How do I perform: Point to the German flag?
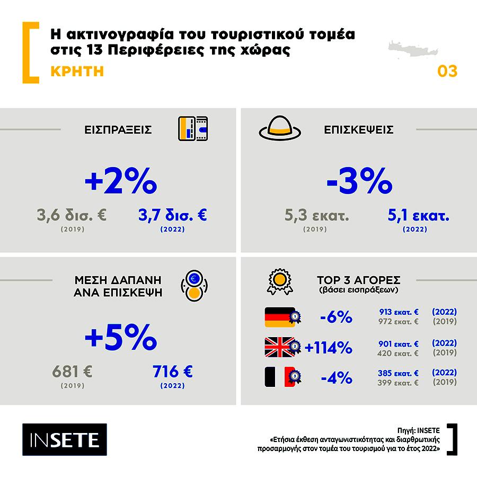pos(280,317)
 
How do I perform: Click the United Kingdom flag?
pos(280,347)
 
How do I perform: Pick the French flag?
pos(280,377)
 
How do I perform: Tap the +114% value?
pos(329,348)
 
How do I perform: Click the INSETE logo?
pos(64,439)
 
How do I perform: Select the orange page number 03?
pos(447,71)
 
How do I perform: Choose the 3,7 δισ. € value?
pos(172,215)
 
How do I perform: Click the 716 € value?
pos(173,372)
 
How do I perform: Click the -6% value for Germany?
pos(336,317)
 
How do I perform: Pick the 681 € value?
pos(73,372)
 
